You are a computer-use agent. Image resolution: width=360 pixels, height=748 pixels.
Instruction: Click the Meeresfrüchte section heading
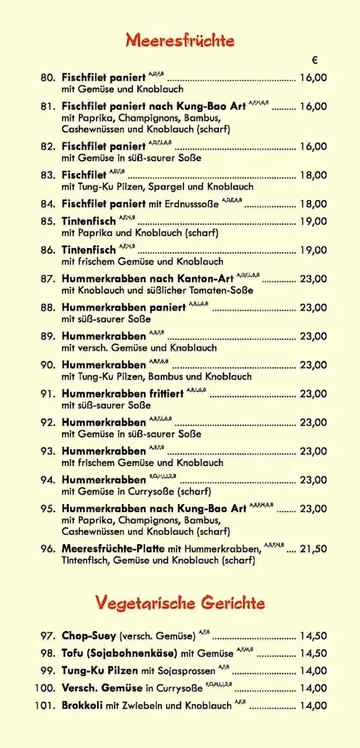(x=180, y=39)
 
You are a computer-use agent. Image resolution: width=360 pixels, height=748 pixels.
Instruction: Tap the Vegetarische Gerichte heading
(x=180, y=603)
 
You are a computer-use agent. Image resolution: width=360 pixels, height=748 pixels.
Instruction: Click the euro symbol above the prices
(x=315, y=60)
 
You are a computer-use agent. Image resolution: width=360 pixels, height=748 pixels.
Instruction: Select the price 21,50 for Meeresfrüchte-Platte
(x=313, y=549)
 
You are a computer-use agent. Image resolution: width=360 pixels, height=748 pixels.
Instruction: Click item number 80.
(x=48, y=77)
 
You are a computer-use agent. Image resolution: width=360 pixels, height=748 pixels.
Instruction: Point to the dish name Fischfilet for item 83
(x=84, y=175)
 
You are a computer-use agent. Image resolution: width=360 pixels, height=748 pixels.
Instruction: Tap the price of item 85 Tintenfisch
(x=313, y=221)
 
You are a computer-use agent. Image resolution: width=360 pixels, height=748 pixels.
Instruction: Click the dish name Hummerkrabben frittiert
(x=122, y=393)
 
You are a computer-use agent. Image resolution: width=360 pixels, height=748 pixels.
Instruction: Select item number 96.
(x=48, y=549)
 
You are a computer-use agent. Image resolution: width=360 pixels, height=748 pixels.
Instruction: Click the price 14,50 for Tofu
(x=313, y=653)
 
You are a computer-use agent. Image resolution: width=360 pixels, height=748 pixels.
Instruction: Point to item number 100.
(x=45, y=687)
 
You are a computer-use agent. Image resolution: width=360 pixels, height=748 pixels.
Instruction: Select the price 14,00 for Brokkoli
(x=313, y=705)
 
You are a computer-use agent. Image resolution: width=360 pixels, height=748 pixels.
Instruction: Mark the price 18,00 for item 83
(x=313, y=175)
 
